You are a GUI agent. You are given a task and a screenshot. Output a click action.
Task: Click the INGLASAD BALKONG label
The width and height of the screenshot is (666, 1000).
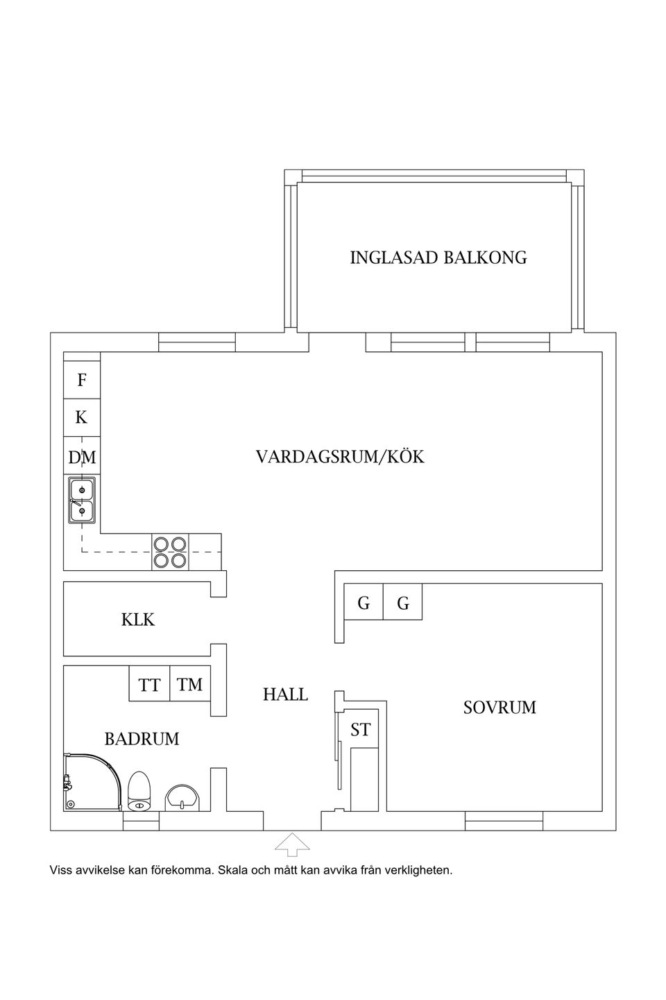coord(438,258)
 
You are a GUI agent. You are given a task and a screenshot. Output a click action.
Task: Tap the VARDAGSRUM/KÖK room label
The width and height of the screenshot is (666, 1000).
coord(339,457)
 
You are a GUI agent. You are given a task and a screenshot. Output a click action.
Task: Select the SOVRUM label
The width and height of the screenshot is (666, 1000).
coord(499,708)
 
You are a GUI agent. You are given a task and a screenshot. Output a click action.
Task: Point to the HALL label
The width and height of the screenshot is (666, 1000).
coord(285,694)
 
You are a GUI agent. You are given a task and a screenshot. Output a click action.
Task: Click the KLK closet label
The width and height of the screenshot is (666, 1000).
coord(138,619)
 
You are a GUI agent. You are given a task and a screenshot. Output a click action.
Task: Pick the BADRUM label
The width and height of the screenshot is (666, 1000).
coord(142,739)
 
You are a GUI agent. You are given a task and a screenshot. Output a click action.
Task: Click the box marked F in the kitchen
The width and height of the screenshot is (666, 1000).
coord(82,380)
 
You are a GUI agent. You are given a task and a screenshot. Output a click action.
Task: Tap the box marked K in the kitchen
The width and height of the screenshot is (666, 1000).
coord(82,417)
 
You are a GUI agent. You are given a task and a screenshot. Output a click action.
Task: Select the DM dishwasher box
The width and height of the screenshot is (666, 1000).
coord(82,457)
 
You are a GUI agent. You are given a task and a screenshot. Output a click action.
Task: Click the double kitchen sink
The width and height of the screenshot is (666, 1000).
coord(82,501)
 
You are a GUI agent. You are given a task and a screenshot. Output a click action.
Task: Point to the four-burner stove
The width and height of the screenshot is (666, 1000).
coord(170,552)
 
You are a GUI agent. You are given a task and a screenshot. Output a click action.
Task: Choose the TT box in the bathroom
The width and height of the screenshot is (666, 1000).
coord(149,685)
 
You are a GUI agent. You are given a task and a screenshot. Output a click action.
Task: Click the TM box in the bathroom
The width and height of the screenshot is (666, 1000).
coord(189,684)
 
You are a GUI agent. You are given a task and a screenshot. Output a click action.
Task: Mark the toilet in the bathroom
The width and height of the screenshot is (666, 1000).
coord(139,792)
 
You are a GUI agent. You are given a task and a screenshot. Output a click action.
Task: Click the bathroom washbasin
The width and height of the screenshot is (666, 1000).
coord(182,797)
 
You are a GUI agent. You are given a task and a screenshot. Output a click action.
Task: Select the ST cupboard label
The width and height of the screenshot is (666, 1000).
coord(360,730)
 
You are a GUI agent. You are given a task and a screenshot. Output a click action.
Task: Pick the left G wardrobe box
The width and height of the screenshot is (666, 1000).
coord(364,603)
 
